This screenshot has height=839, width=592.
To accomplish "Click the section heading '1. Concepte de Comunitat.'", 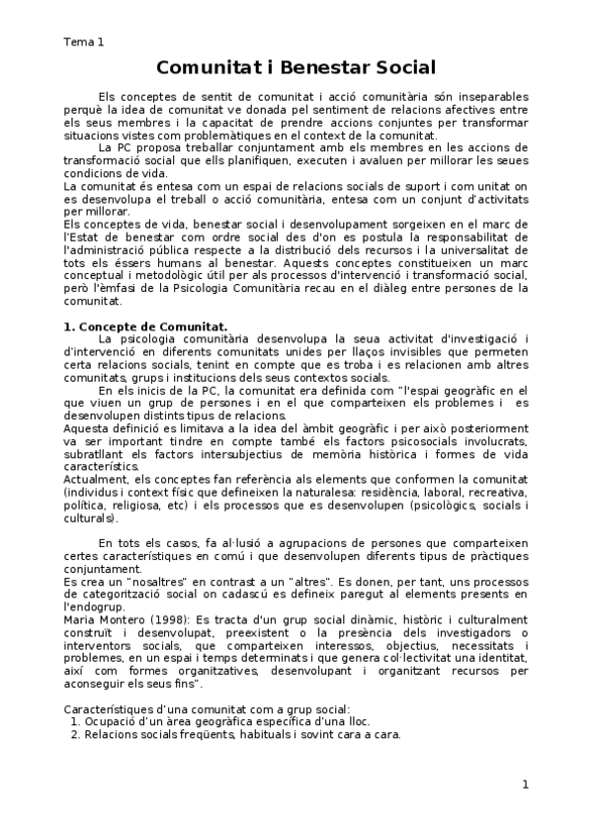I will pyautogui.click(x=145, y=326).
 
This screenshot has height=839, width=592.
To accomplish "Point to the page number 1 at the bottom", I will pyautogui.click(x=526, y=785).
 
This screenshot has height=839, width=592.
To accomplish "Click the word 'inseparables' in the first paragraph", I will pyautogui.click(x=490, y=95).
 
